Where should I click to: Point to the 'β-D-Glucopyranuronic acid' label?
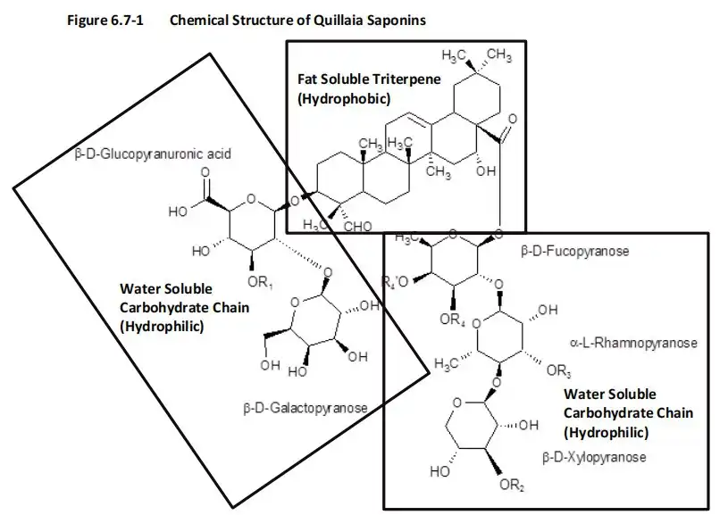pyautogui.click(x=153, y=154)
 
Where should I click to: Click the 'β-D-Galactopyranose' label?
pyautogui.click(x=305, y=408)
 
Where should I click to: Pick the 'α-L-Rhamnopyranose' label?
pyautogui.click(x=633, y=342)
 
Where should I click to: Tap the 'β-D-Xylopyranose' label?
pyautogui.click(x=593, y=456)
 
